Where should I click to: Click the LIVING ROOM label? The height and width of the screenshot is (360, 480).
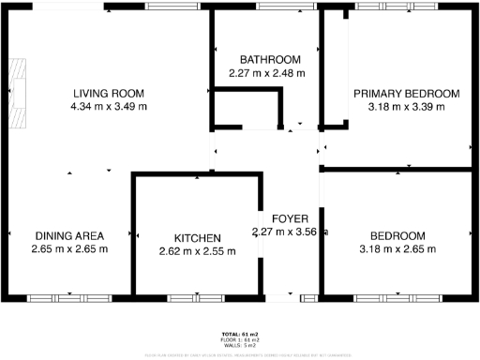(109, 93)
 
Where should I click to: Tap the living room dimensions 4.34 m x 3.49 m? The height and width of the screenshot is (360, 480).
(109, 106)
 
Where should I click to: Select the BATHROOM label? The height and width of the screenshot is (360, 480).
(270, 59)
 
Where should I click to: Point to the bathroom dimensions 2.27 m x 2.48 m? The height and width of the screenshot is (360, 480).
(267, 72)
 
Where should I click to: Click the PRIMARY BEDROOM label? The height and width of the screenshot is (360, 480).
(406, 93)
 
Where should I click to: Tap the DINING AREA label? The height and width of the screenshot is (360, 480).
(69, 235)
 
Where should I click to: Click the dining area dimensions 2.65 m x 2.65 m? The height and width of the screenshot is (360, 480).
(69, 248)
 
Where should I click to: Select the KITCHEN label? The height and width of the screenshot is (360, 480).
(196, 238)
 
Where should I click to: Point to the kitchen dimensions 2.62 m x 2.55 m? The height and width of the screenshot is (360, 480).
(196, 251)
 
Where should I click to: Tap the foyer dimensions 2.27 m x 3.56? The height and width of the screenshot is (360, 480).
(290, 232)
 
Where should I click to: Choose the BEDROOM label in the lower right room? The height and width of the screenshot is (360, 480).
(397, 235)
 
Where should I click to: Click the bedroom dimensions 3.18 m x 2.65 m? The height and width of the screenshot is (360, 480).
(397, 248)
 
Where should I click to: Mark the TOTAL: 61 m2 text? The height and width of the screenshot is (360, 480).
(240, 335)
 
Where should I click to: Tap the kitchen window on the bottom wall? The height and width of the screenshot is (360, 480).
(196, 298)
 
